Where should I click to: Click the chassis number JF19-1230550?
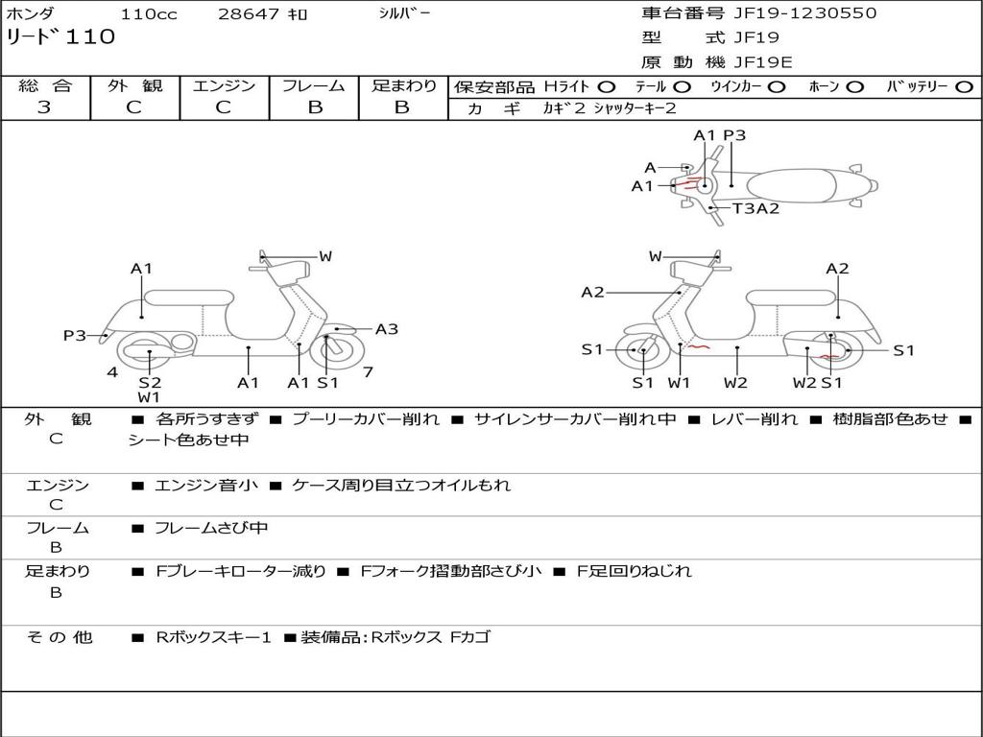(x=791, y=13)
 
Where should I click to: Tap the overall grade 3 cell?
(x=44, y=107)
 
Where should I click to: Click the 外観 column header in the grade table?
(x=134, y=86)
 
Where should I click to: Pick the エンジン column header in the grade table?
(x=224, y=86)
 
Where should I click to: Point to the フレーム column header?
(x=314, y=86)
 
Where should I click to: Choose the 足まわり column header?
(x=403, y=86)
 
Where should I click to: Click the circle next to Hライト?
(x=607, y=87)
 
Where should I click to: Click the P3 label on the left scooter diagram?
(x=75, y=336)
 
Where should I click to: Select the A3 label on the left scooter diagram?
(x=386, y=329)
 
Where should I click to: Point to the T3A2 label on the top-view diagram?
(x=755, y=208)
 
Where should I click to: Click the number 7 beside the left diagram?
(x=368, y=371)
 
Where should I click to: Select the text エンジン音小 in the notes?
(x=206, y=486)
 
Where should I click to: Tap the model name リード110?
(x=60, y=37)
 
